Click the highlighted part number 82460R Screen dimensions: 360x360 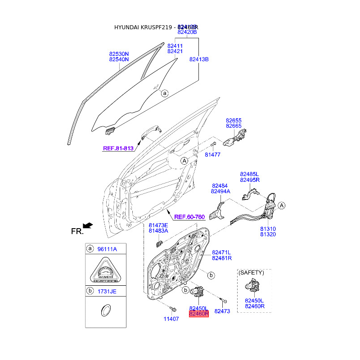point(199,314)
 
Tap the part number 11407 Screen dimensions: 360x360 point(171,319)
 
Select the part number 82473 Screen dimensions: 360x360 point(222,311)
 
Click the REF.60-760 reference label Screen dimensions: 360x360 point(189,217)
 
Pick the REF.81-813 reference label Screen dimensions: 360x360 point(118,148)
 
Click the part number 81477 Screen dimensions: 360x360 point(212,155)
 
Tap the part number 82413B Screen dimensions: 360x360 point(199,59)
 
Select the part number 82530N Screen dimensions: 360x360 point(119,54)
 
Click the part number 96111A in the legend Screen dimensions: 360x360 point(108,249)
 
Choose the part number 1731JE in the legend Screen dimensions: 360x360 point(107,292)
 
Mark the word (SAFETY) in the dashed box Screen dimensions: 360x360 point(251,273)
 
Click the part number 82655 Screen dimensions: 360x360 point(234,121)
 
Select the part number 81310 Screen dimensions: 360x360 point(268,229)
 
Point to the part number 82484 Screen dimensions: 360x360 point(220,185)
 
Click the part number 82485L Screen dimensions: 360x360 point(250,174)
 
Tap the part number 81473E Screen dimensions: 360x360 point(158,225)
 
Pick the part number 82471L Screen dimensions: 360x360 point(222,252)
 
